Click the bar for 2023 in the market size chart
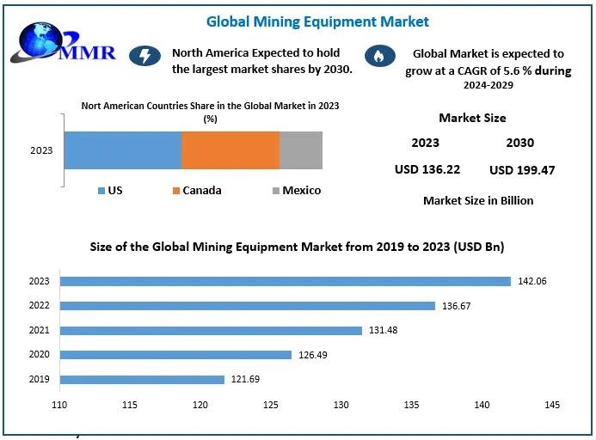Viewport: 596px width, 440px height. pos(285,281)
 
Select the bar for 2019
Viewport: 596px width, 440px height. pos(142,379)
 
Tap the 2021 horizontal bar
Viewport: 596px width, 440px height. pos(211,330)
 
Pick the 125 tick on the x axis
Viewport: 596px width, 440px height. pos(271,405)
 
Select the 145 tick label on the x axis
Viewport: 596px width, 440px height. pos(552,405)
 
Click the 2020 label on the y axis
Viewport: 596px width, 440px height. pos(40,355)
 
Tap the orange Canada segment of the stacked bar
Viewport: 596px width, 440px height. pos(230,150)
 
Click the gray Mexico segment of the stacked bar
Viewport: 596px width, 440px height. pos(301,150)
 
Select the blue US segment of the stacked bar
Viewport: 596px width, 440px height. pos(122,150)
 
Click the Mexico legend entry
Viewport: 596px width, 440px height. pos(296,190)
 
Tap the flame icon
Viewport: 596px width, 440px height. pos(376,57)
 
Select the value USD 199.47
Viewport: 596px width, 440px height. pos(521,170)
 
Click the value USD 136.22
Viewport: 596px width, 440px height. pos(427,169)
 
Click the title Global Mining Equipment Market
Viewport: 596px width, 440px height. pos(317,21)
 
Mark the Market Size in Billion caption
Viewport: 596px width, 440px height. pos(478,200)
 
